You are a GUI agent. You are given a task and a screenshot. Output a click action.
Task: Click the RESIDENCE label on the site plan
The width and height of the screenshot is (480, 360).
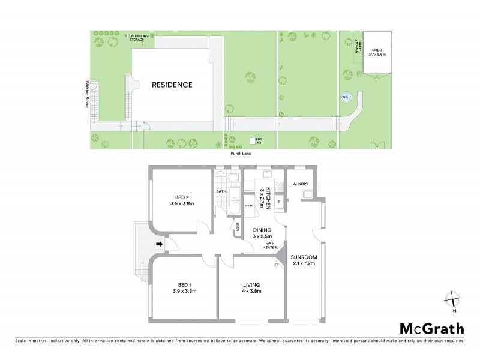[172, 85]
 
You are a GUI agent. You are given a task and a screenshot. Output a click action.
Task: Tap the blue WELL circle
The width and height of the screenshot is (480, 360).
[346, 96]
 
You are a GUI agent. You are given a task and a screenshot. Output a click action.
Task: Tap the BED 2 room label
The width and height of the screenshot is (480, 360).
[183, 200]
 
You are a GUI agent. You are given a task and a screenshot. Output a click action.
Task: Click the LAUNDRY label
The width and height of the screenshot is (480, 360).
[299, 184]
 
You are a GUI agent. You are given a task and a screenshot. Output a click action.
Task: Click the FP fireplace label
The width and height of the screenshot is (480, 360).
[277, 263]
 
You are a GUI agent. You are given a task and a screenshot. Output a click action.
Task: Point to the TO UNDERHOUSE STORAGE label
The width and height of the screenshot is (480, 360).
[139, 38]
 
